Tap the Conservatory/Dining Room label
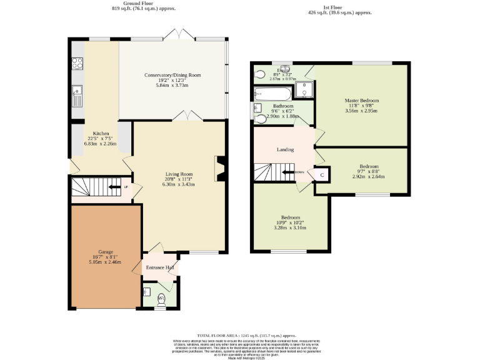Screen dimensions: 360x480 click(x=172, y=75)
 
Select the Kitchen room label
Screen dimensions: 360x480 click(x=101, y=134)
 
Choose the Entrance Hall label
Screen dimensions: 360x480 click(x=159, y=267)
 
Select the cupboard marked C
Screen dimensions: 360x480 click(x=322, y=175)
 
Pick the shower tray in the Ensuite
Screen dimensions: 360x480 click(x=304, y=91)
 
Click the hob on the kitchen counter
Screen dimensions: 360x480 click(x=79, y=63)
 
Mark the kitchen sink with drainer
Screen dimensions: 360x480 click(x=77, y=95)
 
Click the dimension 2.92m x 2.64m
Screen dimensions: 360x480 click(x=367, y=177)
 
